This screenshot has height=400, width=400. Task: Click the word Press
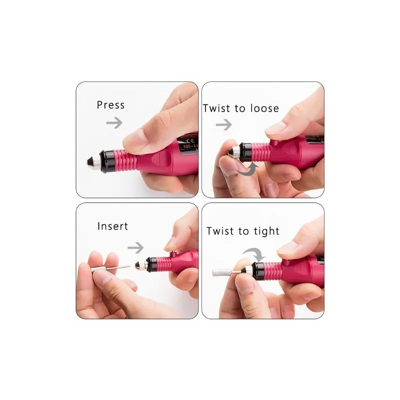[x=110, y=105]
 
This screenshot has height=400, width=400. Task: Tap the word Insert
[x=112, y=226]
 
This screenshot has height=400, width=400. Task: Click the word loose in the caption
[x=261, y=108]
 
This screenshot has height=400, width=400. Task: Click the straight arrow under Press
[x=114, y=123]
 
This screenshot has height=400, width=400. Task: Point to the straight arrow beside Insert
[x=135, y=246]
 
